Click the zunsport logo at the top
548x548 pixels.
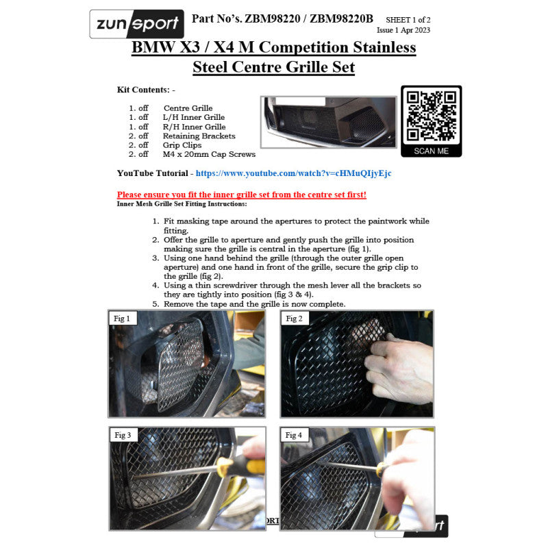pos(137,25)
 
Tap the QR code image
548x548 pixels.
pos(431,115)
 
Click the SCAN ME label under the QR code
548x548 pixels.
pos(431,151)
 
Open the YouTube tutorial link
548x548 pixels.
pos(293,173)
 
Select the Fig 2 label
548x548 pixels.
pos(295,319)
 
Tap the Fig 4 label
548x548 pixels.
pos(295,436)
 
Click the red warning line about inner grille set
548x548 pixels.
pos(241,195)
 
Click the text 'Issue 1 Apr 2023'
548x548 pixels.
pos(403,30)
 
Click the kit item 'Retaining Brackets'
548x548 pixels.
pos(199,136)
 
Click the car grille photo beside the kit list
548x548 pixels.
pos(328,121)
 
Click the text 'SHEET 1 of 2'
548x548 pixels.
pos(409,21)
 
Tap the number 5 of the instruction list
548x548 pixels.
pos(155,303)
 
